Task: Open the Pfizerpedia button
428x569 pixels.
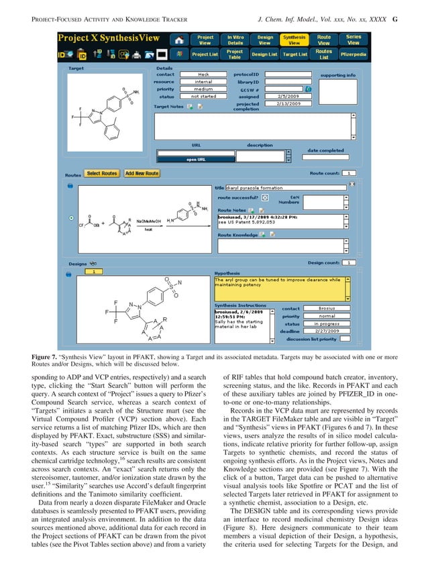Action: pyautogui.click(x=354, y=53)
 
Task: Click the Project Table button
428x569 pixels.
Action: pyautogui.click(x=235, y=53)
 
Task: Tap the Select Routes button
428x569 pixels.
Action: pyautogui.click(x=102, y=173)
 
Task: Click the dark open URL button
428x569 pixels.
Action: pyautogui.click(x=195, y=160)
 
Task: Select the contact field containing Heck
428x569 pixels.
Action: pyautogui.click(x=203, y=74)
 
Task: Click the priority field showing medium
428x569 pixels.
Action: pyautogui.click(x=203, y=89)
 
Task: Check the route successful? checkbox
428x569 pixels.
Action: pyautogui.click(x=265, y=199)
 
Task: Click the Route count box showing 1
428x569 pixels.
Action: pyautogui.click(x=351, y=173)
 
